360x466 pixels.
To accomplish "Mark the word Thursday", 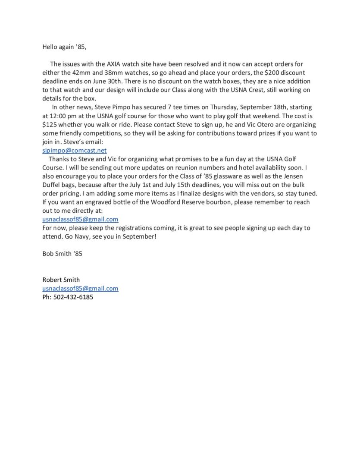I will click(x=224, y=107).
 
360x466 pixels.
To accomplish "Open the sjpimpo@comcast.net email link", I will click(x=74, y=150).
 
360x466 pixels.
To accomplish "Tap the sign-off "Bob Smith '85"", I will click(x=62, y=254).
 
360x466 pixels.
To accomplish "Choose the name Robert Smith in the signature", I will click(x=61, y=280).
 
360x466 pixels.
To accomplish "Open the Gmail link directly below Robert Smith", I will click(x=80, y=288).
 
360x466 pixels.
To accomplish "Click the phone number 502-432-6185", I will click(x=73, y=297).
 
